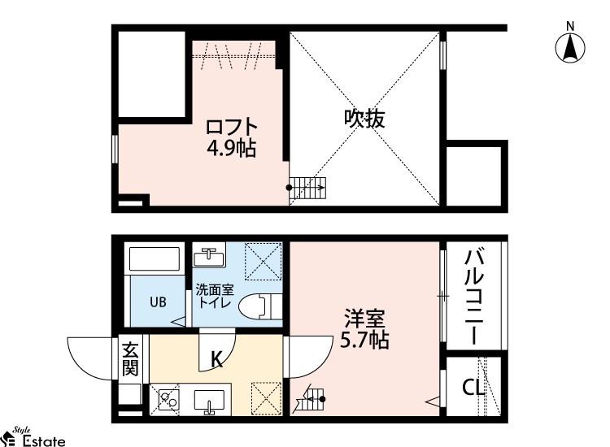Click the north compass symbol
click(570, 45)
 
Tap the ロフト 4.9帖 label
click(232, 137)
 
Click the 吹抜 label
click(364, 119)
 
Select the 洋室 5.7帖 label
click(364, 329)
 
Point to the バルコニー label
click(474, 297)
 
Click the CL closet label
click(473, 387)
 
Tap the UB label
click(158, 302)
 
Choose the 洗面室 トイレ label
click(215, 296)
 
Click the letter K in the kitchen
click(216, 359)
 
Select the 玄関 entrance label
click(130, 358)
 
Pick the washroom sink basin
click(209, 257)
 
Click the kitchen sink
click(209, 401)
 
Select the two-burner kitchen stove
click(169, 399)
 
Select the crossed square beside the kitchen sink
click(267, 398)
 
